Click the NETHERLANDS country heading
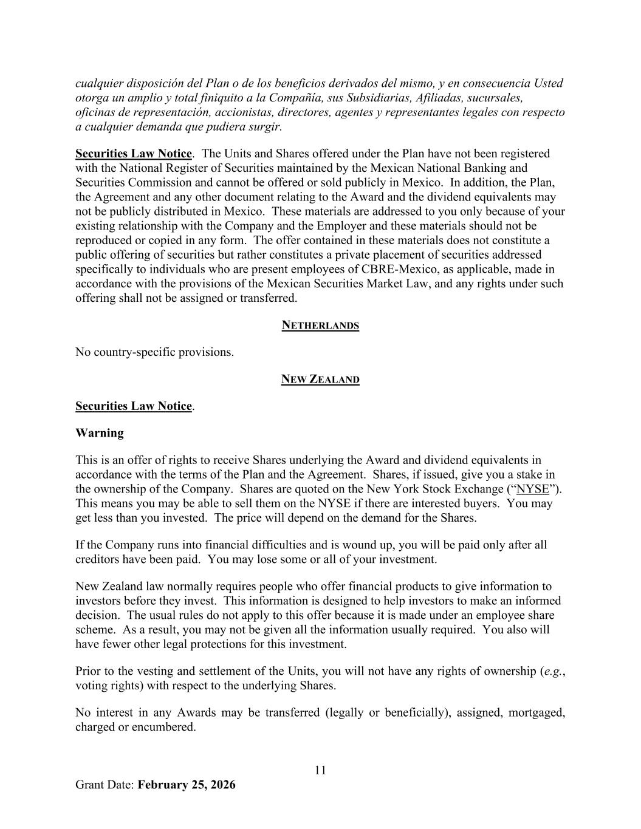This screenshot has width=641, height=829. click(320, 326)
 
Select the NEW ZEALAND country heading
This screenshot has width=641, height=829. click(320, 380)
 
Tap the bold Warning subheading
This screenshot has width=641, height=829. click(100, 433)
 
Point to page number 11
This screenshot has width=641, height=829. click(320, 770)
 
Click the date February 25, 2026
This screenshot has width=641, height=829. click(187, 785)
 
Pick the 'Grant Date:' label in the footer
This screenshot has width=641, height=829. click(105, 785)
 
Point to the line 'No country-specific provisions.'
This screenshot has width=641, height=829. click(154, 352)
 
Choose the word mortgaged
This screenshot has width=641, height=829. click(536, 712)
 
